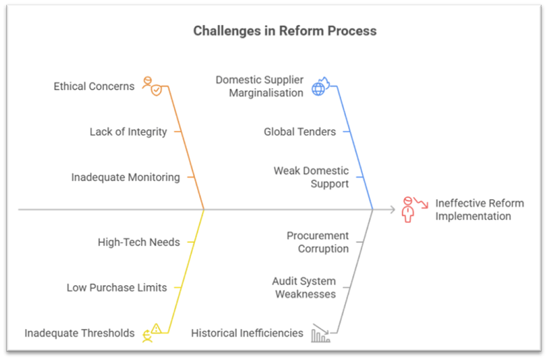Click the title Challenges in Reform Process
(x=284, y=31)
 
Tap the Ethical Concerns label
(x=94, y=86)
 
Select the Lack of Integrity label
(x=128, y=131)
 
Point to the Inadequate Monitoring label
(x=125, y=177)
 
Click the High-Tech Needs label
(x=138, y=242)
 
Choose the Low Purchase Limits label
(x=117, y=287)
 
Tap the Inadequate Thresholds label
(x=79, y=333)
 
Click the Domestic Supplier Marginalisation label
(x=259, y=86)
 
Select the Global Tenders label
(x=299, y=131)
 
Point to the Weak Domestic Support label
(x=311, y=177)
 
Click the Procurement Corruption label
(x=317, y=242)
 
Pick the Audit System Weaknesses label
(x=304, y=287)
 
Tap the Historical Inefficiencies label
(x=247, y=333)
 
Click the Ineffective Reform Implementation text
(x=479, y=210)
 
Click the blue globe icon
(x=320, y=86)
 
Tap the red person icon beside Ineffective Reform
(x=409, y=209)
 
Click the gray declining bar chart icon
(x=320, y=333)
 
